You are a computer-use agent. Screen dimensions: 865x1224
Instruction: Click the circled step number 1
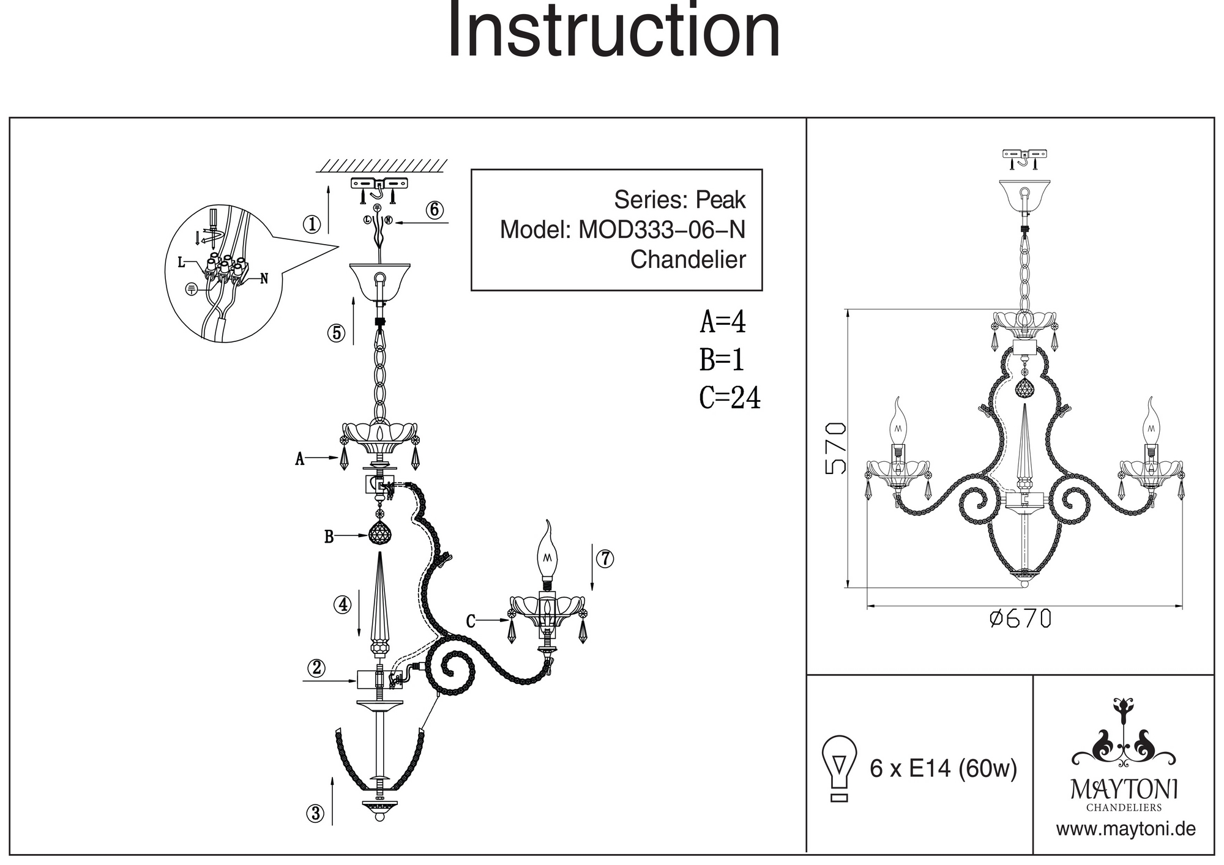(x=312, y=225)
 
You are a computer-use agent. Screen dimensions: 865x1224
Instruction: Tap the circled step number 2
(x=316, y=667)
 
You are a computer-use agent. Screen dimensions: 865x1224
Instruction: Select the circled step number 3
(x=315, y=814)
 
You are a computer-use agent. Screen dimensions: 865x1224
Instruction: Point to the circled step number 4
(x=342, y=604)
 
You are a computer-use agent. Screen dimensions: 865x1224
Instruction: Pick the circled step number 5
(x=336, y=333)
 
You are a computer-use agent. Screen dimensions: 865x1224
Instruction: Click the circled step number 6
(x=434, y=210)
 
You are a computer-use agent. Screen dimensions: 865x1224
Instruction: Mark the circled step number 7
(x=605, y=559)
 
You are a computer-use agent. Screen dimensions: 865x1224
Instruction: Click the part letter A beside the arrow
(x=299, y=459)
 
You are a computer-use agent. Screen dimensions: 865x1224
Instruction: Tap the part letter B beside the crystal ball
(x=329, y=537)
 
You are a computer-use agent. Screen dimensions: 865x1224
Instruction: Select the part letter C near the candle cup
(x=471, y=622)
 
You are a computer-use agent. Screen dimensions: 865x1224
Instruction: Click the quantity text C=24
(x=730, y=398)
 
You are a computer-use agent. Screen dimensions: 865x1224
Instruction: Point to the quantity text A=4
(x=723, y=322)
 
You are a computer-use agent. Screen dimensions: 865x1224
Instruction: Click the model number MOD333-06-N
(x=662, y=229)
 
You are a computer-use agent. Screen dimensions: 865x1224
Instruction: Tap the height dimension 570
(x=836, y=448)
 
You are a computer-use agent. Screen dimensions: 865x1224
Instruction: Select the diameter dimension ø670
(x=1020, y=619)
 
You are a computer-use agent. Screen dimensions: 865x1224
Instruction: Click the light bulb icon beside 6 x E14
(x=840, y=768)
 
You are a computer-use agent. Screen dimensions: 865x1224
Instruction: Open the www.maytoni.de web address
(x=1125, y=829)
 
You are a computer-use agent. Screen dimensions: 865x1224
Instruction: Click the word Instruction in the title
(x=614, y=31)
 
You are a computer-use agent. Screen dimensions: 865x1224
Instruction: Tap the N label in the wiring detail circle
(x=264, y=279)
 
